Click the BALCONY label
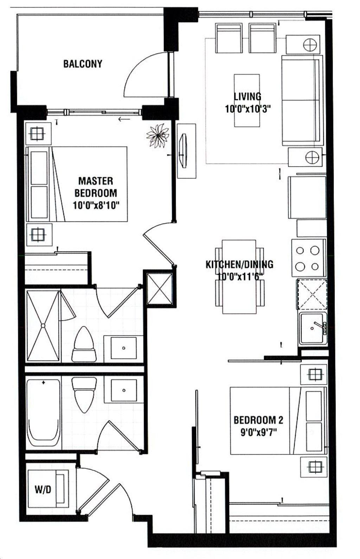[83, 64]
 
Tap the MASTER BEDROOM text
[96, 187]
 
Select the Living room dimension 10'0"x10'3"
[248, 109]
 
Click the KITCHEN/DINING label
[239, 264]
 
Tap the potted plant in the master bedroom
[158, 135]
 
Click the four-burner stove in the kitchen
[308, 258]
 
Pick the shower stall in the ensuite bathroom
[43, 326]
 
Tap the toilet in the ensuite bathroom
[84, 344]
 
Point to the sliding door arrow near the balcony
[124, 119]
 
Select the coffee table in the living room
[247, 100]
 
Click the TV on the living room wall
[184, 151]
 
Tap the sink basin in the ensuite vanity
[124, 347]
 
